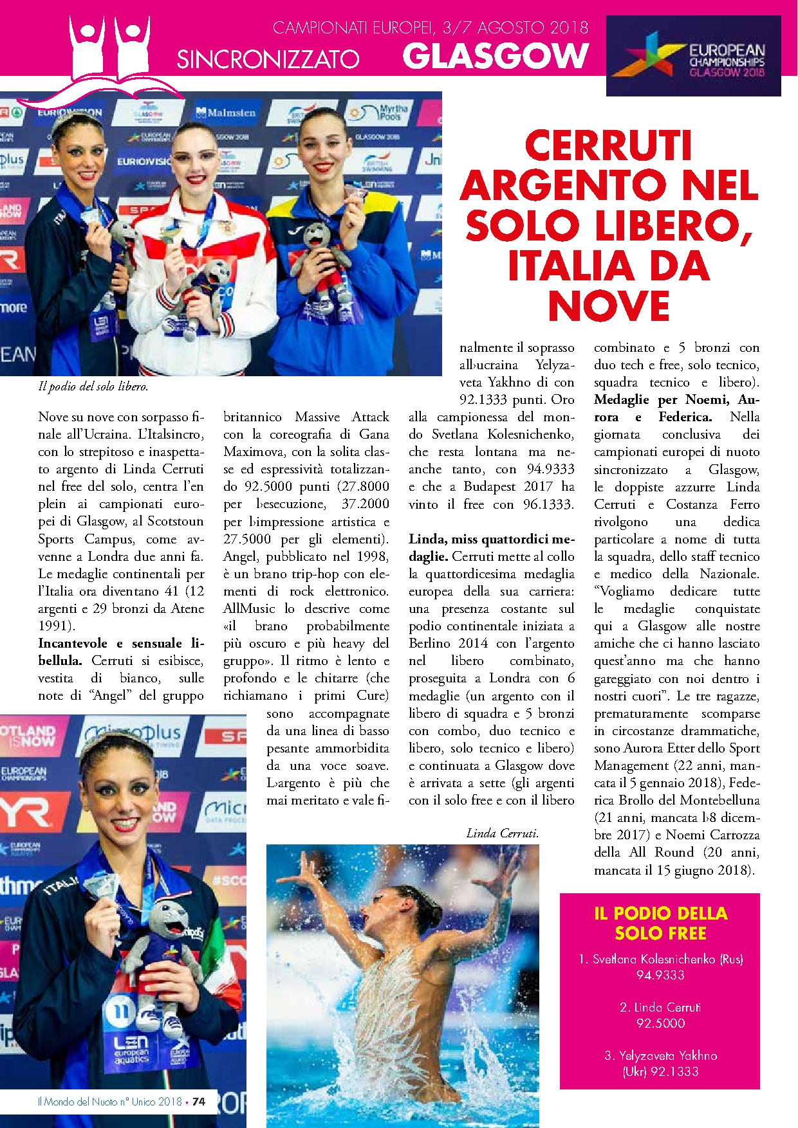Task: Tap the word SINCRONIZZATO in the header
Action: [x=268, y=60]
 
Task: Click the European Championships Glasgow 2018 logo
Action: [x=693, y=56]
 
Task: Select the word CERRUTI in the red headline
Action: [x=608, y=145]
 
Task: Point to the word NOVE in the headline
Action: [x=609, y=306]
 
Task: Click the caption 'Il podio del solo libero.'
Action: [x=93, y=387]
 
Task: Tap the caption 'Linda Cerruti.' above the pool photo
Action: [x=502, y=833]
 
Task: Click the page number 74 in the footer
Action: [x=199, y=1102]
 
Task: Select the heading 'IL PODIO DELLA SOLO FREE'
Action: [x=660, y=923]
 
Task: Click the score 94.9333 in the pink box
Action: [x=660, y=975]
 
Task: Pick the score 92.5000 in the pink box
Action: [x=660, y=1023]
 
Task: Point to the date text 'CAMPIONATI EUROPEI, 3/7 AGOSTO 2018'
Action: [x=431, y=28]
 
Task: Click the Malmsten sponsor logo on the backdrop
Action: [x=226, y=113]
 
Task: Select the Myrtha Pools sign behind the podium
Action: [x=385, y=113]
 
